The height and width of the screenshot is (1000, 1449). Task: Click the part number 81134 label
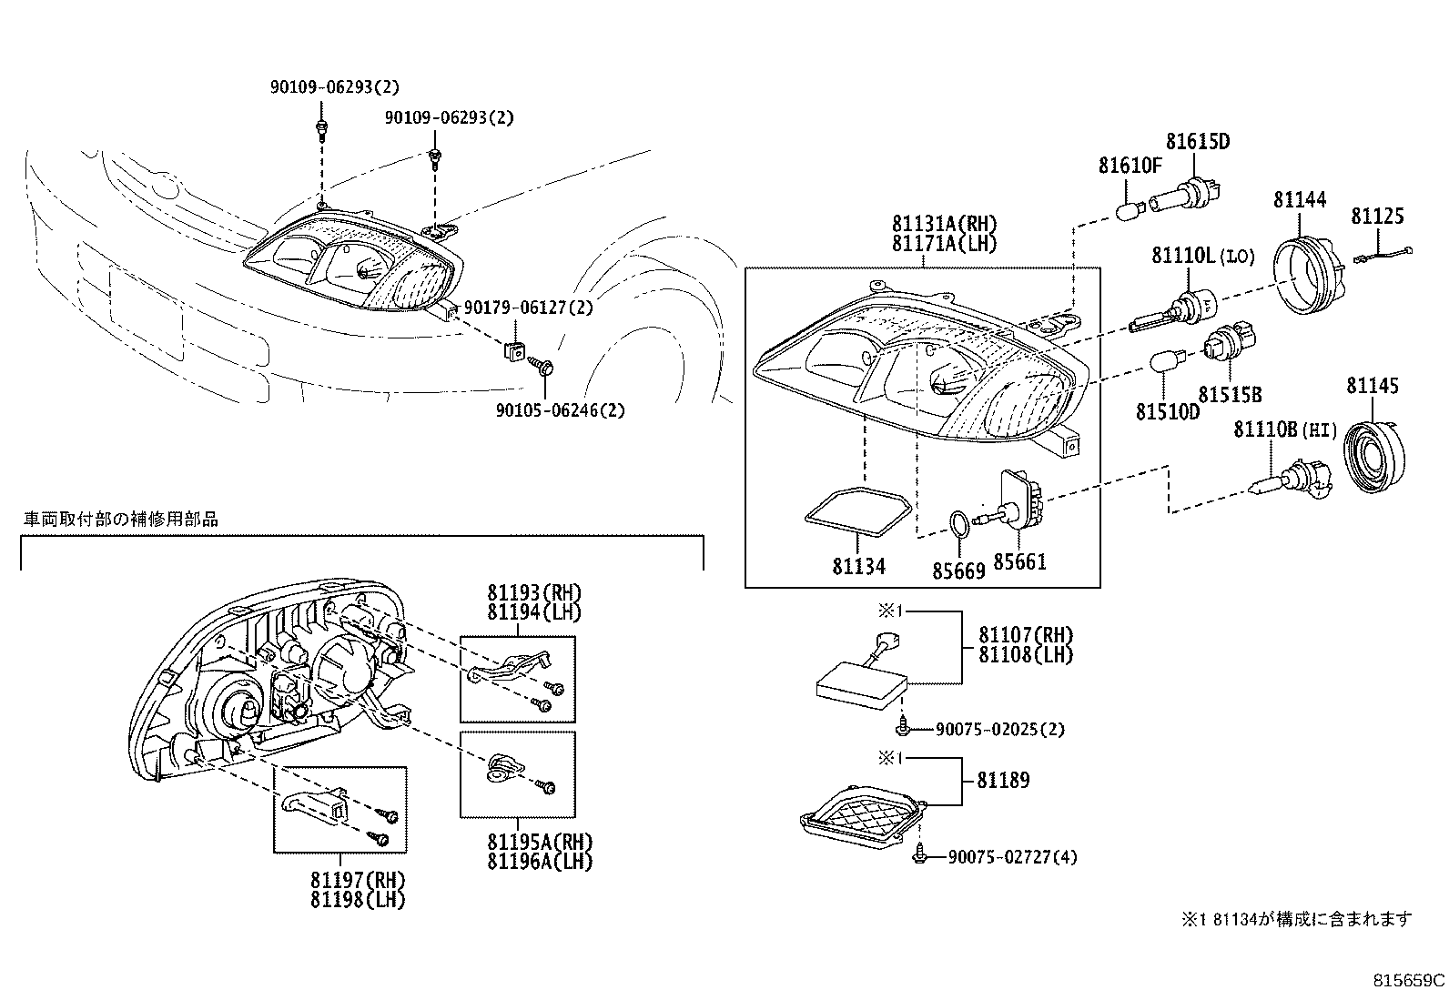pyautogui.click(x=857, y=566)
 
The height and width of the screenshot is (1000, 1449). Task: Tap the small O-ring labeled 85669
pyautogui.click(x=958, y=524)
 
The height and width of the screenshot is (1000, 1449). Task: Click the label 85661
pyautogui.click(x=1018, y=561)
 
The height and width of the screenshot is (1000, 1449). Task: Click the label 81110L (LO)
pyautogui.click(x=1201, y=257)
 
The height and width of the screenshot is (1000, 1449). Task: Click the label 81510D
pyautogui.click(x=1167, y=412)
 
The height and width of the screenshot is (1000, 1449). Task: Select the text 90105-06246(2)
pyautogui.click(x=560, y=410)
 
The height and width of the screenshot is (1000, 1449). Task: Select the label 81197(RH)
pyautogui.click(x=357, y=880)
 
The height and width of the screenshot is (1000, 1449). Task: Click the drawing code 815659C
pyautogui.click(x=1407, y=981)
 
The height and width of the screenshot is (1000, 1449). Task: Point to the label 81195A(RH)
pyautogui.click(x=539, y=842)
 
